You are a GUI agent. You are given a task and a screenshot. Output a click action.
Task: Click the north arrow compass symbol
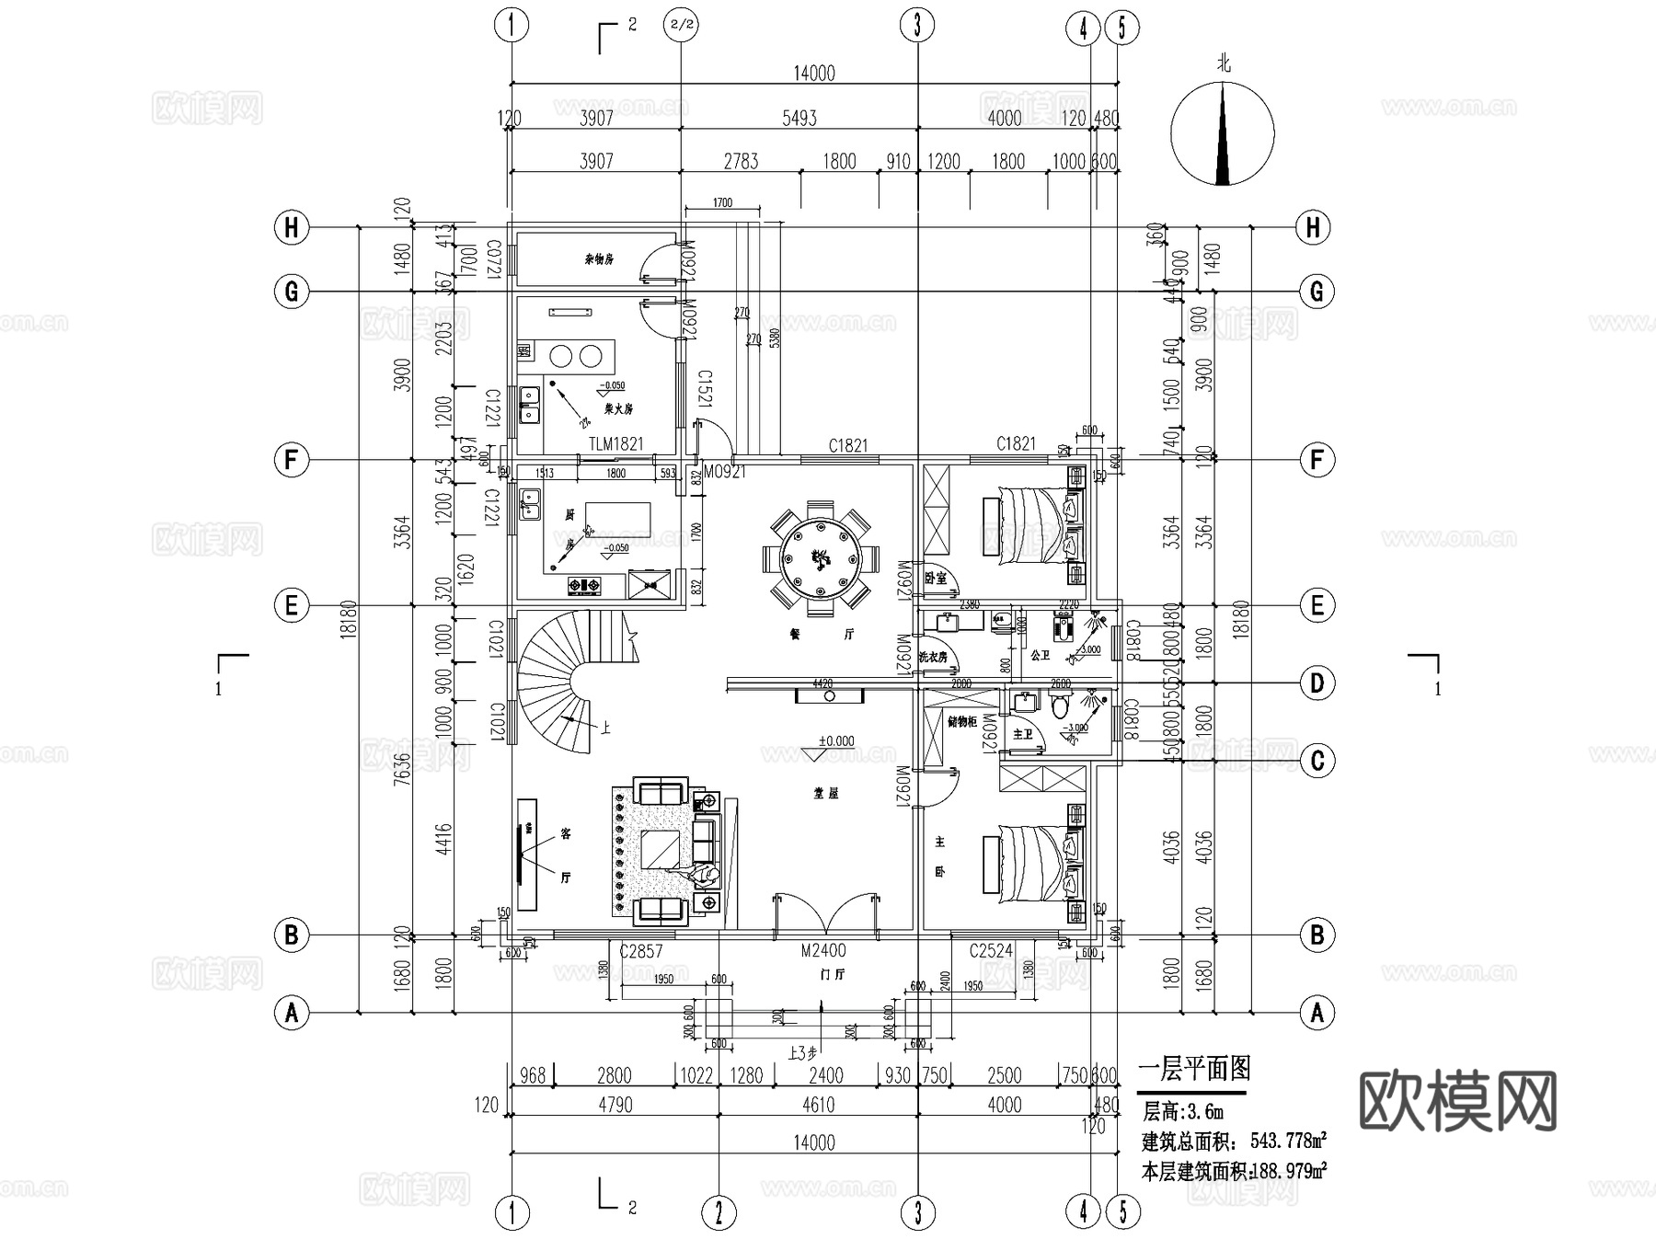(x=1222, y=133)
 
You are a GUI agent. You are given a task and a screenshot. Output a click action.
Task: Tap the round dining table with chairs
(x=816, y=558)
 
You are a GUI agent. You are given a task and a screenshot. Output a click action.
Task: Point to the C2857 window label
(x=640, y=951)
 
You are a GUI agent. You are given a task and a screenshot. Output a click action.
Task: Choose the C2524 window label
(x=991, y=951)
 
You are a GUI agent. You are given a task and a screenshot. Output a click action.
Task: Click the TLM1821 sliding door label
(x=616, y=444)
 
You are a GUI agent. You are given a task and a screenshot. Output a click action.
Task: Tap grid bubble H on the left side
(x=292, y=227)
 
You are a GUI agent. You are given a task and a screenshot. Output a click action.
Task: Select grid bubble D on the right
(x=1317, y=683)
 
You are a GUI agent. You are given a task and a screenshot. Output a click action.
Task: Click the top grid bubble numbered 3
(x=917, y=26)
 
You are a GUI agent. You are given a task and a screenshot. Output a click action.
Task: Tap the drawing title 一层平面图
(x=1194, y=1069)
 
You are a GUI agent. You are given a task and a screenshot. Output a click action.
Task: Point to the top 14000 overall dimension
(x=813, y=74)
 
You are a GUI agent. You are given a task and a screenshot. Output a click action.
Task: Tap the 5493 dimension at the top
(x=799, y=118)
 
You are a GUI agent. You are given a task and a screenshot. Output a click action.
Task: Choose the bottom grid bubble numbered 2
(x=719, y=1212)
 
